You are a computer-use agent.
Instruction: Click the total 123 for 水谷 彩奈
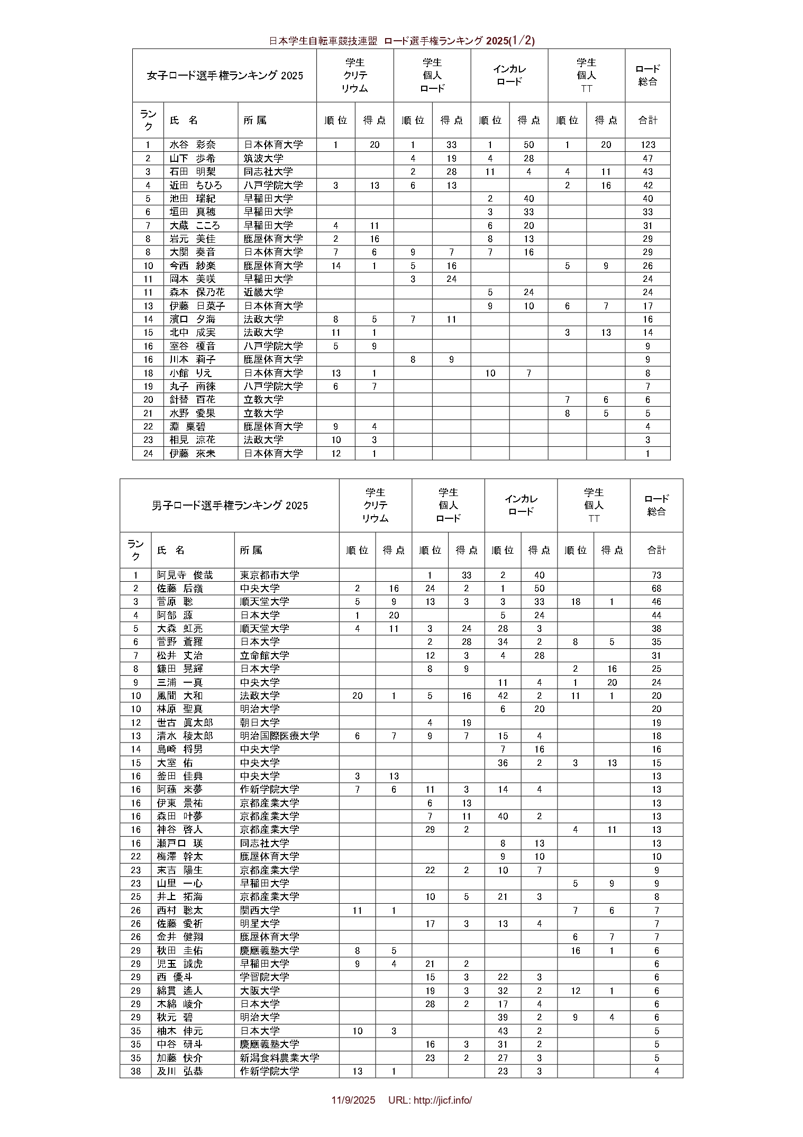(647, 145)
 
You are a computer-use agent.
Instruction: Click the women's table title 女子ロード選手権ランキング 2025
(225, 76)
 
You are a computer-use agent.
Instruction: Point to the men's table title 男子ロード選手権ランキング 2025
(230, 506)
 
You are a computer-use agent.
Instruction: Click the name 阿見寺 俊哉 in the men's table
(185, 575)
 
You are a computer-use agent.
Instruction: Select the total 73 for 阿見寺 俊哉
(656, 575)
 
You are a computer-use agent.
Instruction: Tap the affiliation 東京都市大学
(270, 575)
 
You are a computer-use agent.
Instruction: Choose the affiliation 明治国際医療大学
(280, 736)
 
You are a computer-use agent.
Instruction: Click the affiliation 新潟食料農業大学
(280, 1057)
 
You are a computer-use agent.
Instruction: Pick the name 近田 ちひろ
(196, 185)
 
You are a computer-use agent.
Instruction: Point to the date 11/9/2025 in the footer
(353, 1100)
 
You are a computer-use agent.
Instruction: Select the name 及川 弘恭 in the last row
(180, 1071)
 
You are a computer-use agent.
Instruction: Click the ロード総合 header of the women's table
(647, 75)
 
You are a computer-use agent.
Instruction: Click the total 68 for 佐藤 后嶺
(656, 588)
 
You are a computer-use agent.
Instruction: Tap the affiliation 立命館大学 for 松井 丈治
(264, 655)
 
